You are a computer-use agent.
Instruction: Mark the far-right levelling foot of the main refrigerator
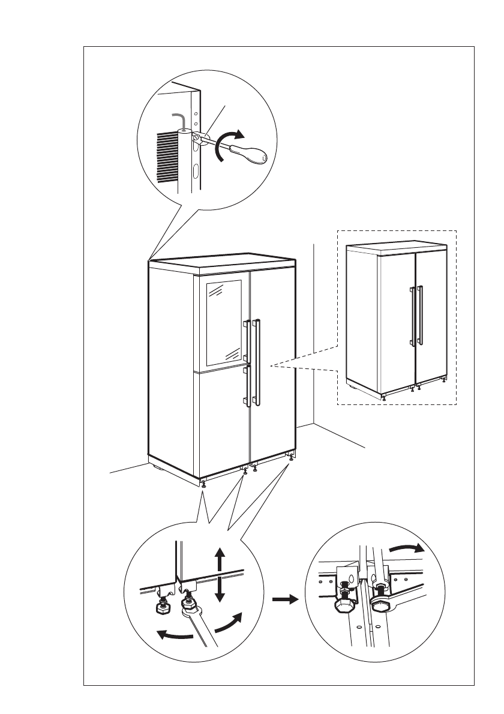[292, 458]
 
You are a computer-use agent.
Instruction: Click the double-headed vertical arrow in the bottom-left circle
[220, 575]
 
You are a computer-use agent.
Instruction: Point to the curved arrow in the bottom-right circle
[404, 549]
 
